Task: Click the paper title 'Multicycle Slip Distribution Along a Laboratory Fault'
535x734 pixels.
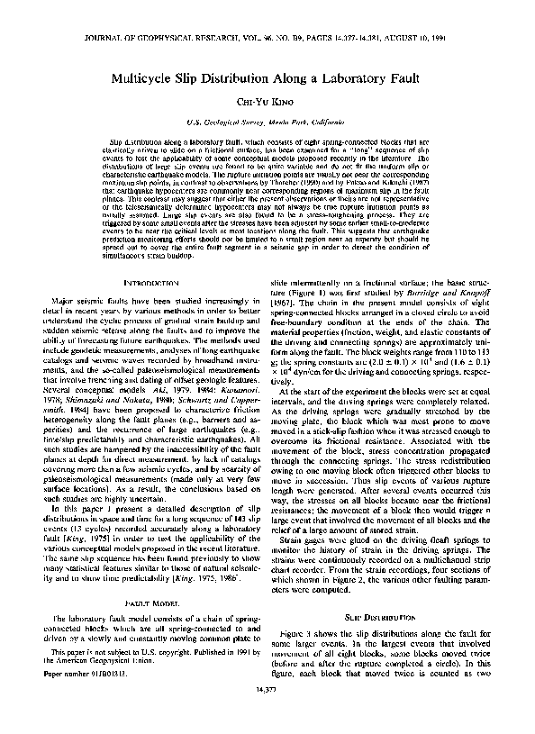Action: coord(267,78)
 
